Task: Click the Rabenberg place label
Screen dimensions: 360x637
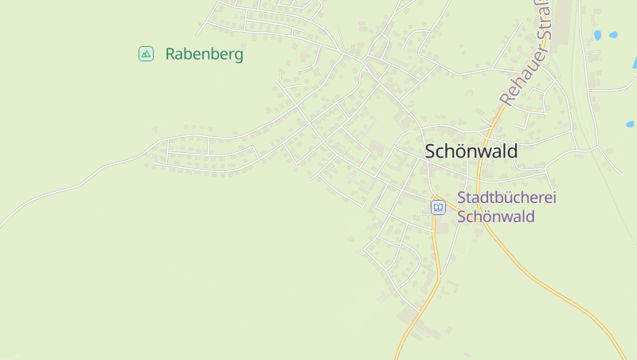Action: pyautogui.click(x=204, y=54)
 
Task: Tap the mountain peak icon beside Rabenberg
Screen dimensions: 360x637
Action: pyautogui.click(x=146, y=53)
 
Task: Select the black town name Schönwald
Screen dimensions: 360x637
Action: pyautogui.click(x=471, y=151)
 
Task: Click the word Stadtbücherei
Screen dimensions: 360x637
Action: pyautogui.click(x=506, y=198)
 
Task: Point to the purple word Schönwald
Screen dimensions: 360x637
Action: pyautogui.click(x=495, y=217)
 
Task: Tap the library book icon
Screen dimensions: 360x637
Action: pyautogui.click(x=438, y=208)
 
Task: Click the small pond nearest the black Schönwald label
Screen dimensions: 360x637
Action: pyautogui.click(x=630, y=124)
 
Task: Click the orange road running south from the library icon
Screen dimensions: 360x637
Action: pyautogui.click(x=436, y=263)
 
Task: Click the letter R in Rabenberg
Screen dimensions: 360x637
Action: pyautogui.click(x=170, y=54)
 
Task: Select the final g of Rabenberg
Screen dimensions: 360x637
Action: pyautogui.click(x=238, y=56)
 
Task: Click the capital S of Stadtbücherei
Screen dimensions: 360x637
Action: pyautogui.click(x=462, y=198)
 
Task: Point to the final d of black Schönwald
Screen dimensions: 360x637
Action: pyautogui.click(x=512, y=151)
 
